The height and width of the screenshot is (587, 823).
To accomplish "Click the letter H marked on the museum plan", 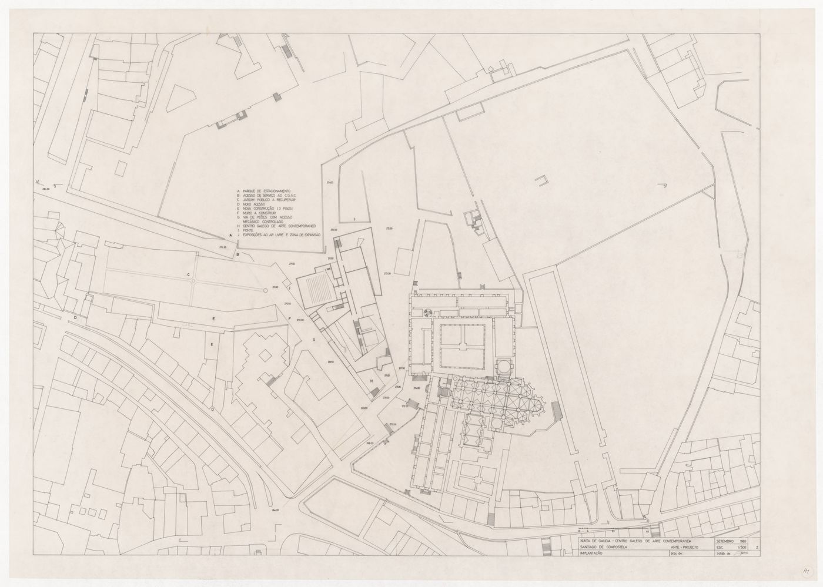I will coord(372,381).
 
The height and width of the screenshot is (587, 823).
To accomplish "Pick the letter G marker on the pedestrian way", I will coord(315,340).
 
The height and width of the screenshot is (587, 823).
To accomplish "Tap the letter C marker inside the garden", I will coord(189,274).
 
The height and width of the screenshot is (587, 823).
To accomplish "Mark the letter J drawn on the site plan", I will coord(354,219).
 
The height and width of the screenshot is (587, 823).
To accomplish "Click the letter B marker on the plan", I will coord(237,254).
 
